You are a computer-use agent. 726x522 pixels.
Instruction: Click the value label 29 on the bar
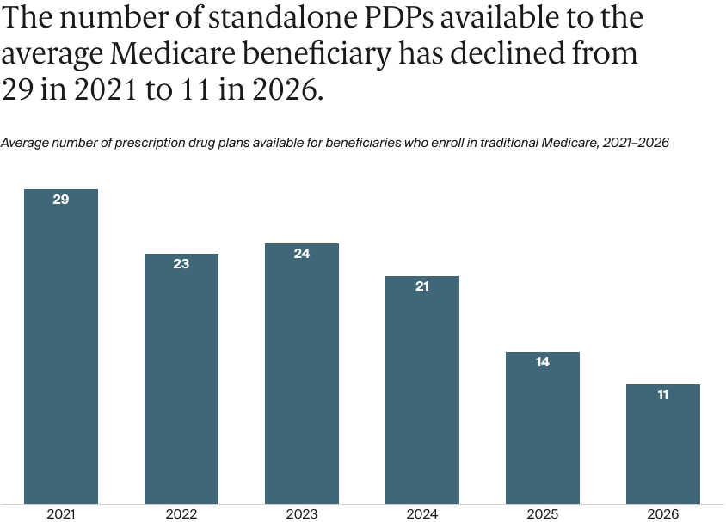[x=61, y=200]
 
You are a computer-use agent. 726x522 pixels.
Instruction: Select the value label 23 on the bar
[x=181, y=264]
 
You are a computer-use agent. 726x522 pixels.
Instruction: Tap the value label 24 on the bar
[x=302, y=254]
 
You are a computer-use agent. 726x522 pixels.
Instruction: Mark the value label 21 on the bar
[x=422, y=286]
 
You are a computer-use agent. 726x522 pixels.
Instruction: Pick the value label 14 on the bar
[x=543, y=362]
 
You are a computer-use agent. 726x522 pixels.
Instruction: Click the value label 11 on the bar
[x=663, y=395]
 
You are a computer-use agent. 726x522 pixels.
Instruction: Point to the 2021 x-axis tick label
[x=61, y=513]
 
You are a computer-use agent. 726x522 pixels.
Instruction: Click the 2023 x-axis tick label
[x=302, y=513]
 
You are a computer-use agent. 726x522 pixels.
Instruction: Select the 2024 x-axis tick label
[x=422, y=513]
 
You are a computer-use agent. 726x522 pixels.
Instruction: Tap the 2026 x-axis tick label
[x=663, y=513]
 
